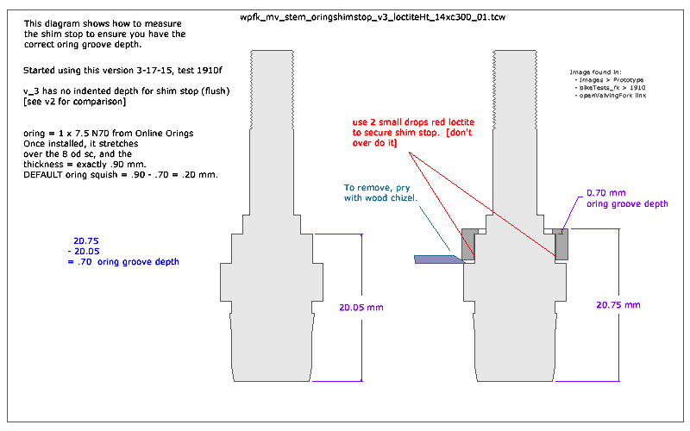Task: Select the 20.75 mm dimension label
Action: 618,305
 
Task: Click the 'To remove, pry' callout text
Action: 380,187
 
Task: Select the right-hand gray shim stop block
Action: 562,245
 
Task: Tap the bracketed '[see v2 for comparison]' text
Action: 76,102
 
